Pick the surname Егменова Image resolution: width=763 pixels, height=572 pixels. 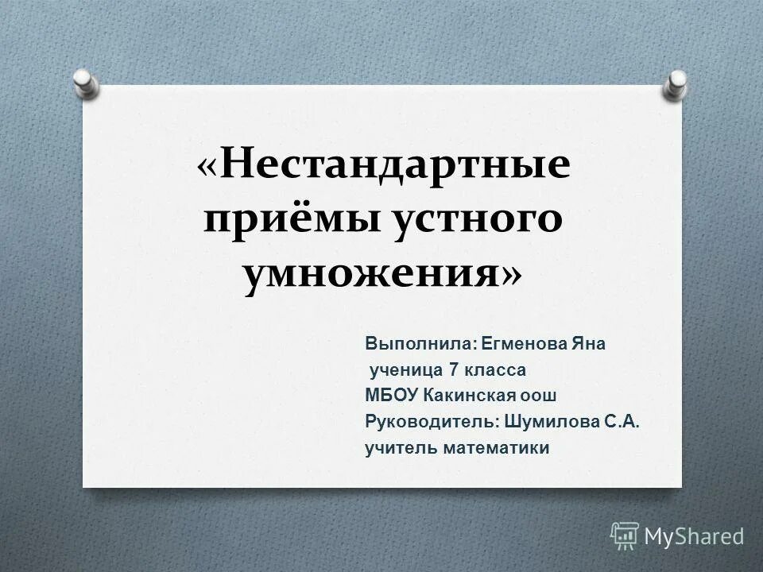pos(525,344)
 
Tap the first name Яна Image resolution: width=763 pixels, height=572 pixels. pos(588,344)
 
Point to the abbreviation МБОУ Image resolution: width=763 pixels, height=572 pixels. pos(389,396)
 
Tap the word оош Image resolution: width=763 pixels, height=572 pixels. pos(540,396)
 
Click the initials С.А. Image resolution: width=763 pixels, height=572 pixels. pos(622,422)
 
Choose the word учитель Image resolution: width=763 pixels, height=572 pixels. pos(397,448)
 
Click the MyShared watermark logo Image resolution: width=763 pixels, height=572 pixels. pos(677,536)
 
